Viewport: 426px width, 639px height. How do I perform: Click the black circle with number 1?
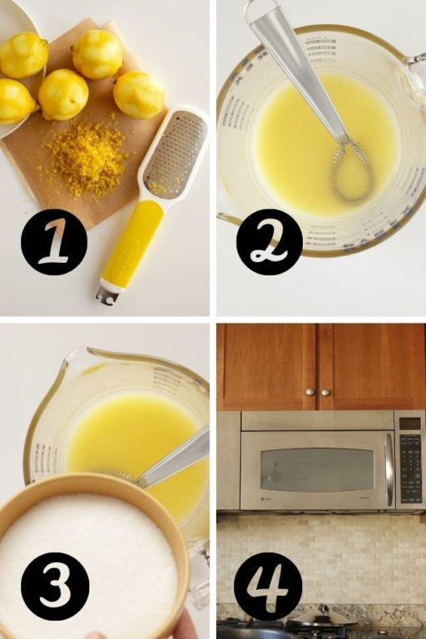point(53,241)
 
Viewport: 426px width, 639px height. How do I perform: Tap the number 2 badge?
point(269,241)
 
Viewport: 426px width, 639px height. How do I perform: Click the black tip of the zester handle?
point(106,295)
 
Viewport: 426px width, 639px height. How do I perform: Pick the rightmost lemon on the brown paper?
point(138,95)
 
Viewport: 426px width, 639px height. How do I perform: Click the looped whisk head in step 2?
point(352,171)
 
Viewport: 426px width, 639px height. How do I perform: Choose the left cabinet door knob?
point(309,392)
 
